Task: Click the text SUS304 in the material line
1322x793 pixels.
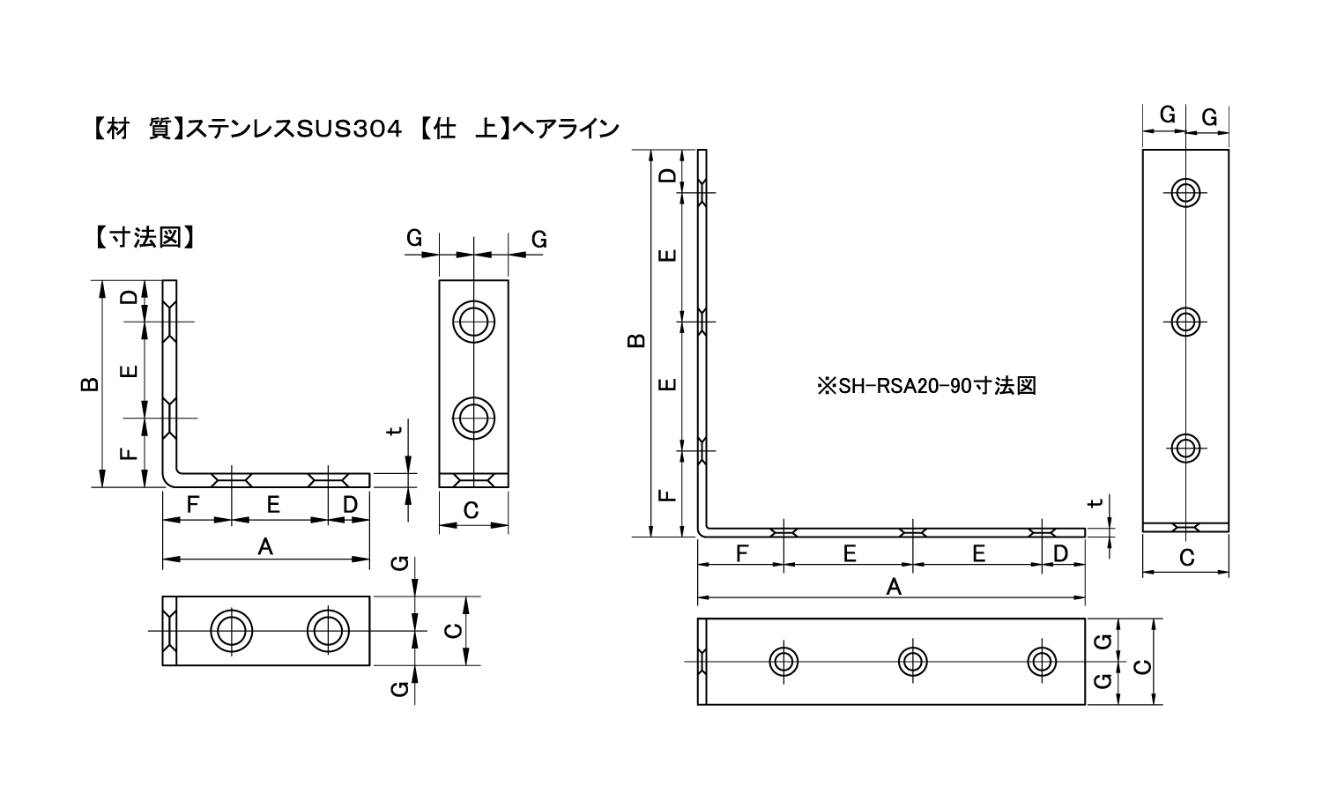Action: pos(349,129)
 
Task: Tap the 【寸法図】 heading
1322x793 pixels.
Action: pos(144,237)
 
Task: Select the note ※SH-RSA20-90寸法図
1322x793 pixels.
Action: pos(926,386)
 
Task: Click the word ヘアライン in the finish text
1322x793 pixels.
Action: pos(566,129)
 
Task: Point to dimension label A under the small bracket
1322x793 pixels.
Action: pos(265,547)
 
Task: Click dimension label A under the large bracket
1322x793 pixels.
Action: pos(894,587)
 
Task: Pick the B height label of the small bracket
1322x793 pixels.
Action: pos(90,384)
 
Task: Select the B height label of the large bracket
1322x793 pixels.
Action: pos(636,340)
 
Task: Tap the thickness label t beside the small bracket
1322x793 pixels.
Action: pos(395,430)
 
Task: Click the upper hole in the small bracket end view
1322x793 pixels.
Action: pos(473,322)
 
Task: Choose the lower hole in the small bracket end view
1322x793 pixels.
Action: pos(473,419)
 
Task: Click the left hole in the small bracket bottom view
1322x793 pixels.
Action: pos(231,631)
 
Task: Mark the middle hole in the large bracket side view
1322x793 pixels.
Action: pos(1185,322)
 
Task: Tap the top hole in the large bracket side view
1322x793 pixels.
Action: pos(1185,192)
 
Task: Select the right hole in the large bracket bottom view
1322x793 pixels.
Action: pos(1042,662)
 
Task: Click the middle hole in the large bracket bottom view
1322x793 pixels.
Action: pos(912,662)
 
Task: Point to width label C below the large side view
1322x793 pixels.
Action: pos(1187,558)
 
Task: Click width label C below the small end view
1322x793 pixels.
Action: pos(471,510)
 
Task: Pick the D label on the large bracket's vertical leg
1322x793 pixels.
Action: pos(667,175)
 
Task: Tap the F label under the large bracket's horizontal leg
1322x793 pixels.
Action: pos(742,552)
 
